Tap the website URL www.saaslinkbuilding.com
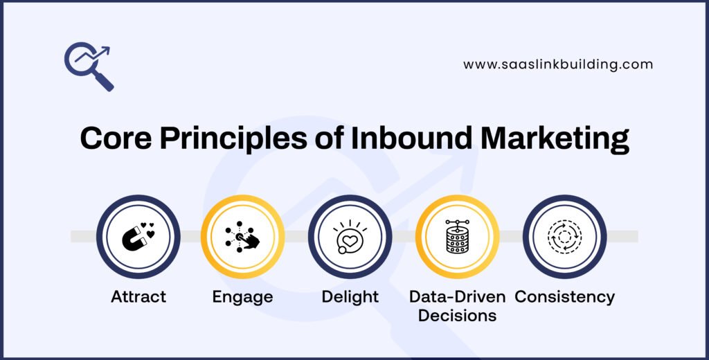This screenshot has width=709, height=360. [x=557, y=64]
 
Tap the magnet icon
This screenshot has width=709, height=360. [x=138, y=236]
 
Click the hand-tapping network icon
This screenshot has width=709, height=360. [x=242, y=236]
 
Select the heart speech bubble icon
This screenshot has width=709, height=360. [x=350, y=236]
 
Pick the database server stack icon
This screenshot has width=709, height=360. [x=457, y=236]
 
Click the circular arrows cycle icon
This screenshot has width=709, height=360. [x=564, y=236]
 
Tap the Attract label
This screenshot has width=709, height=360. [x=138, y=297]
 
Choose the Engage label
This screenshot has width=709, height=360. [x=242, y=297]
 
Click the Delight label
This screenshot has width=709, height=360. [x=350, y=297]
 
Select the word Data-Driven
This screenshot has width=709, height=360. [x=457, y=297]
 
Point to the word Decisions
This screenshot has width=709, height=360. [x=457, y=315]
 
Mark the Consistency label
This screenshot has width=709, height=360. [x=564, y=297]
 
